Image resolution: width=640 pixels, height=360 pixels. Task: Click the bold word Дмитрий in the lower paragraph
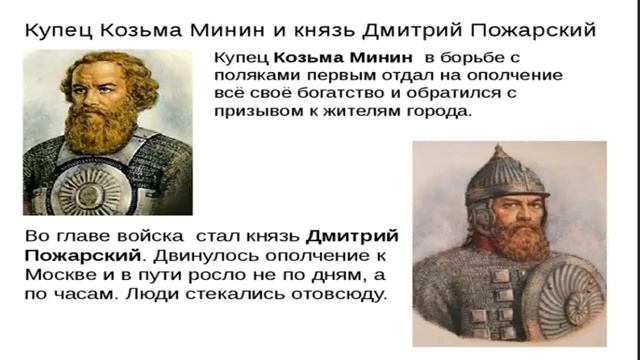[352, 238]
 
